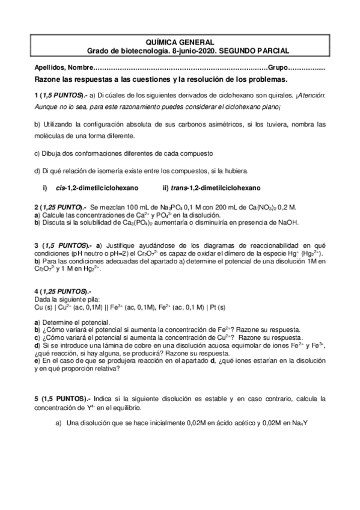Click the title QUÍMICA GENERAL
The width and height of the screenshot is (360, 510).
[180, 43]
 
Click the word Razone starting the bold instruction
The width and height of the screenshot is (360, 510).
[49, 79]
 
